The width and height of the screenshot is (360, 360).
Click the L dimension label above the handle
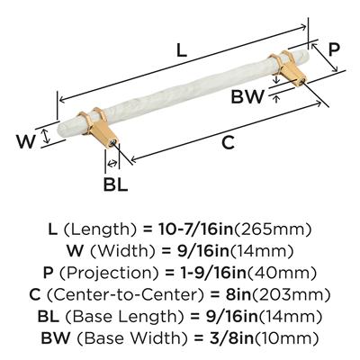pyautogui.click(x=182, y=50)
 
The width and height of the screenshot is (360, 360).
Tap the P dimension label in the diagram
pyautogui.click(x=334, y=49)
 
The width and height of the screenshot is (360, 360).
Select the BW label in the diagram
pyautogui.click(x=247, y=96)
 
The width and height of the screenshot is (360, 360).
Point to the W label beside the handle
pyautogui.click(x=26, y=141)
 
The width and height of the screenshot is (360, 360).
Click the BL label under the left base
pyautogui.click(x=115, y=184)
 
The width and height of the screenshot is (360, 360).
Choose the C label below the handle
pyautogui.click(x=228, y=142)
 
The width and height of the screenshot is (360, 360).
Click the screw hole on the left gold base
pyautogui.click(x=113, y=143)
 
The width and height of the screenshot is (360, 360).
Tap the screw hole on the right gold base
pyautogui.click(x=301, y=81)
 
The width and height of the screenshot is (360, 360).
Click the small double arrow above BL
pyautogui.click(x=112, y=164)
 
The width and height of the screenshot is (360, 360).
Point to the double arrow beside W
pyautogui.click(x=45, y=136)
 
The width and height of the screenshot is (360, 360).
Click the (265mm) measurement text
pyautogui.click(x=273, y=229)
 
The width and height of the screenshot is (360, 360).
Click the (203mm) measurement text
pyautogui.click(x=291, y=295)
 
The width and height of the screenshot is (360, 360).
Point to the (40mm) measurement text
pyautogui.click(x=282, y=274)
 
